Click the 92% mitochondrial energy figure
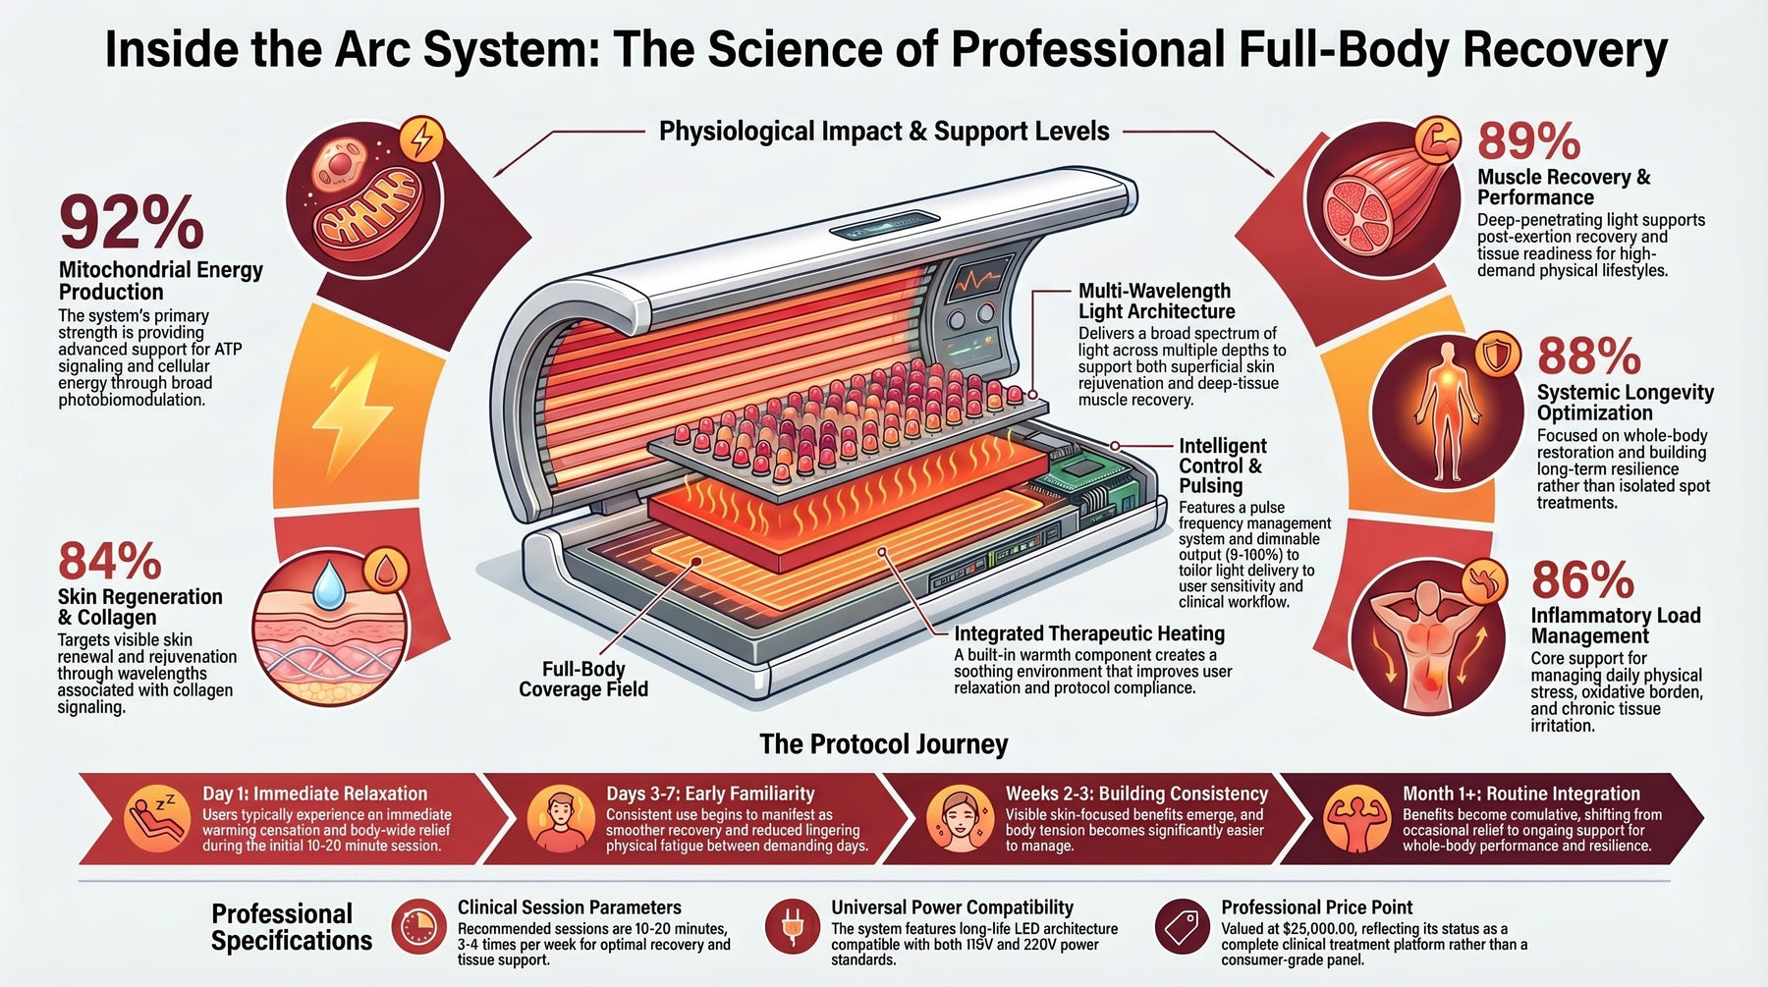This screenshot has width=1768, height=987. [132, 223]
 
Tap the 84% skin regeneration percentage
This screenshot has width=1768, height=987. [110, 562]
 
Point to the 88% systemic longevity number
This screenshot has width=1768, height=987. [1589, 356]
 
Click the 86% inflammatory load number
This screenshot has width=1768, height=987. [1582, 579]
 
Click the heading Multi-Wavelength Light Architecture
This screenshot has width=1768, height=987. [1156, 301]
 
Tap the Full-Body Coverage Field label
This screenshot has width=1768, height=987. [583, 679]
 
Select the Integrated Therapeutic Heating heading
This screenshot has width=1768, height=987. [1089, 633]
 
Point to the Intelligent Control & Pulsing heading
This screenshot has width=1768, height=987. [1223, 466]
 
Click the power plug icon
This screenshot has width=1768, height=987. [792, 926]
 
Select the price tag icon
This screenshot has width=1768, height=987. [1182, 926]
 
